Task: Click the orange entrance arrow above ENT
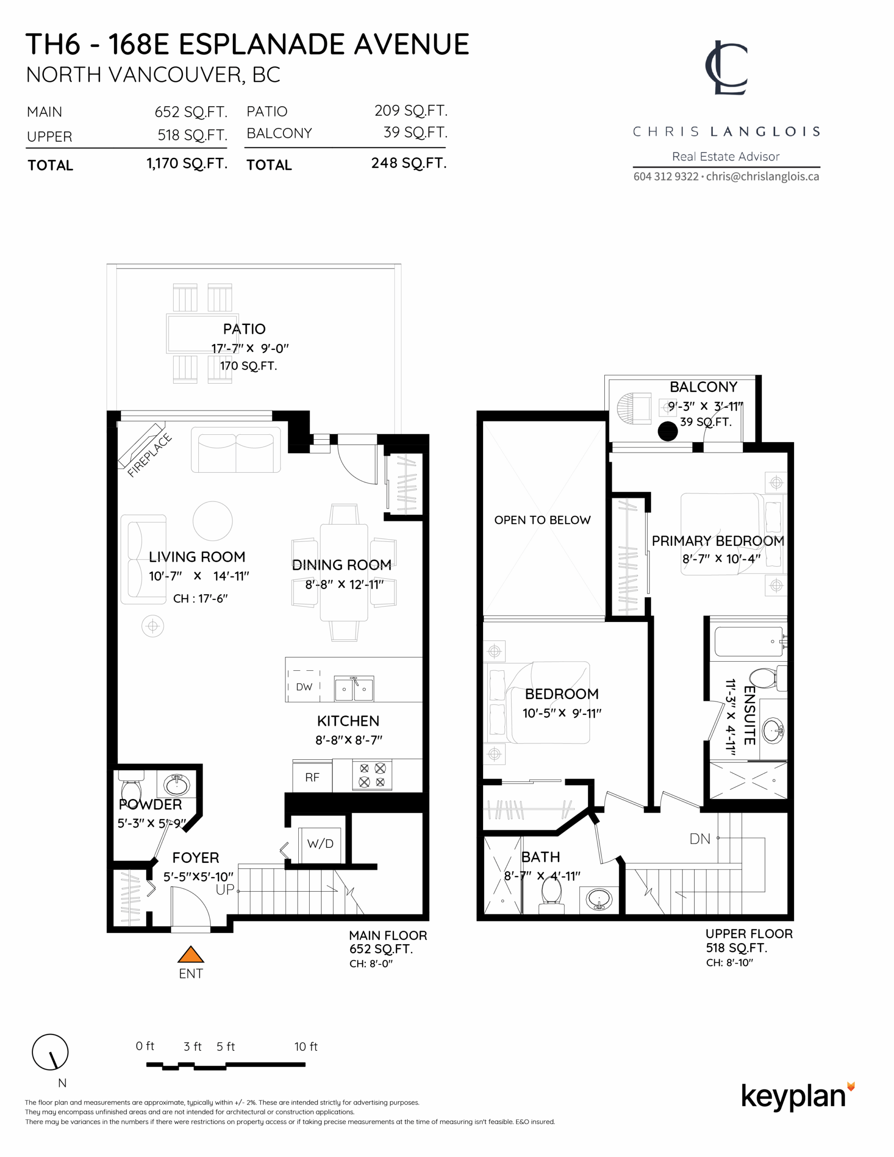point(191,954)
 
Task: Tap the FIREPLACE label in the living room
point(150,455)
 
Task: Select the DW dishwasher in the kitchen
point(304,687)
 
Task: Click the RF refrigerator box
point(312,777)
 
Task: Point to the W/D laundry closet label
point(320,843)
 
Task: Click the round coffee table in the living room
point(212,521)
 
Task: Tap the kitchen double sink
point(354,688)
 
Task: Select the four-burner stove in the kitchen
point(372,775)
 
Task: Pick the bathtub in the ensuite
point(748,641)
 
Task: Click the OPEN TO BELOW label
point(542,520)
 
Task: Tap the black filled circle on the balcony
point(668,431)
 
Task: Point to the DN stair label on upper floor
point(700,839)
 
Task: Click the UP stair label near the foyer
point(225,889)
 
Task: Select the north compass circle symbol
point(50,1052)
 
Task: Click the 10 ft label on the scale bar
point(306,1046)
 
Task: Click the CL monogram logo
point(726,68)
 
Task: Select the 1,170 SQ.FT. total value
point(187,164)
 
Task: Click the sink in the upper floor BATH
point(599,899)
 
